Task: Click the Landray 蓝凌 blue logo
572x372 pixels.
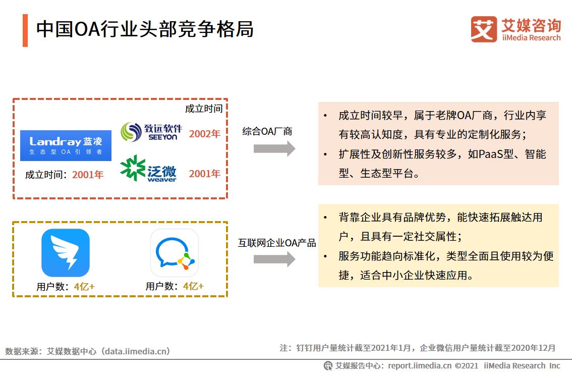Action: point(66,145)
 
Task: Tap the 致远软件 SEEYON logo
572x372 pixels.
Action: point(151,132)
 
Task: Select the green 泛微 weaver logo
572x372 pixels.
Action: point(148,169)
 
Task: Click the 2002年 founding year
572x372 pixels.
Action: point(205,134)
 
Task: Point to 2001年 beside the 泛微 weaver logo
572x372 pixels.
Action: point(205,174)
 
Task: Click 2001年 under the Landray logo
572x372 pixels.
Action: point(88,175)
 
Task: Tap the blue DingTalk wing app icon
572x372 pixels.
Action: point(66,253)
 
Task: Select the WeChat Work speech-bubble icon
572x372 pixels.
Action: point(175,253)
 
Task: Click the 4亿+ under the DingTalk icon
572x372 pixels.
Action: point(84,287)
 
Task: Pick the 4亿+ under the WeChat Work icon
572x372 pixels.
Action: point(193,286)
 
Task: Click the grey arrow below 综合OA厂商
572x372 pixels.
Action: point(274,148)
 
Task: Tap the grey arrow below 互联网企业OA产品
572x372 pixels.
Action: point(274,259)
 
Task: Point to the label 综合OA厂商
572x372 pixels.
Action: point(267,132)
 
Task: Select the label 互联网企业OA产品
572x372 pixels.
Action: point(277,243)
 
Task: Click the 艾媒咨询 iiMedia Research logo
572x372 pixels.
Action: point(516,30)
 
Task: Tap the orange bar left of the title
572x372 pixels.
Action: point(25,30)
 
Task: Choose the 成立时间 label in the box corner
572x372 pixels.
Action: point(203,109)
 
